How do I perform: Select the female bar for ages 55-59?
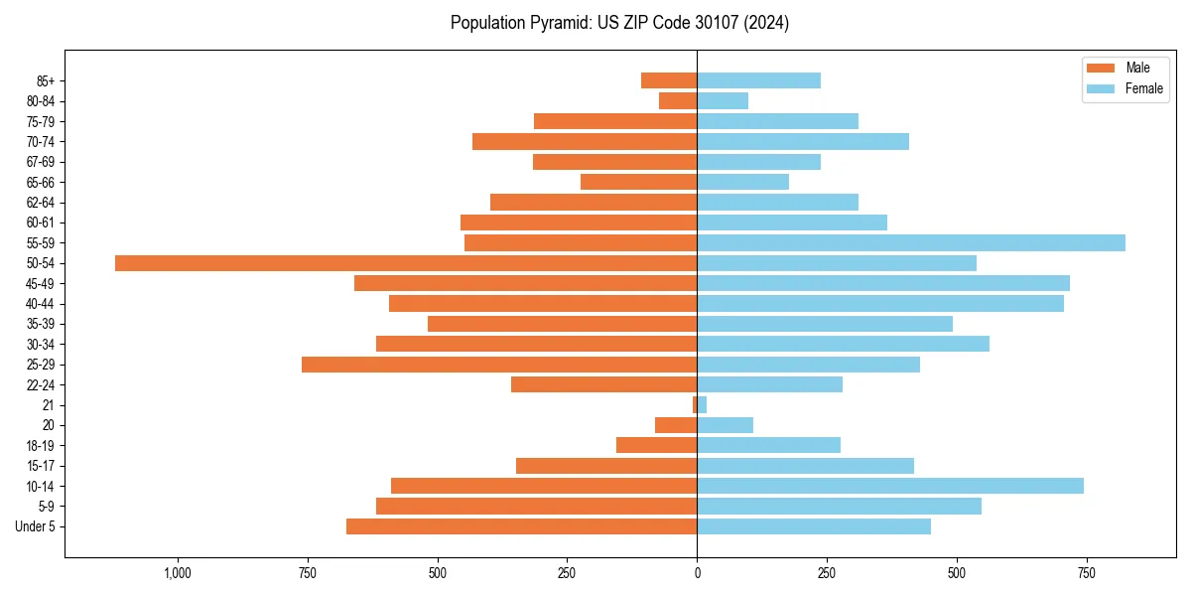[911, 243]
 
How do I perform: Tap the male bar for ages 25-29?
[499, 365]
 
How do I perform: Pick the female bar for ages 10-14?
[890, 486]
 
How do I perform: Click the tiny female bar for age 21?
[702, 405]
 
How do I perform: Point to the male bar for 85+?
[669, 80]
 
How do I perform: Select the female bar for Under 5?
[814, 526]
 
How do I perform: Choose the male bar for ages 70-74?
[585, 142]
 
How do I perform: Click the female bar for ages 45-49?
[883, 284]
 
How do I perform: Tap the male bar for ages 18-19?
[656, 445]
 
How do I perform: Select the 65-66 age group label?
[41, 183]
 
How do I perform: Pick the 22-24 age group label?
[41, 385]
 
